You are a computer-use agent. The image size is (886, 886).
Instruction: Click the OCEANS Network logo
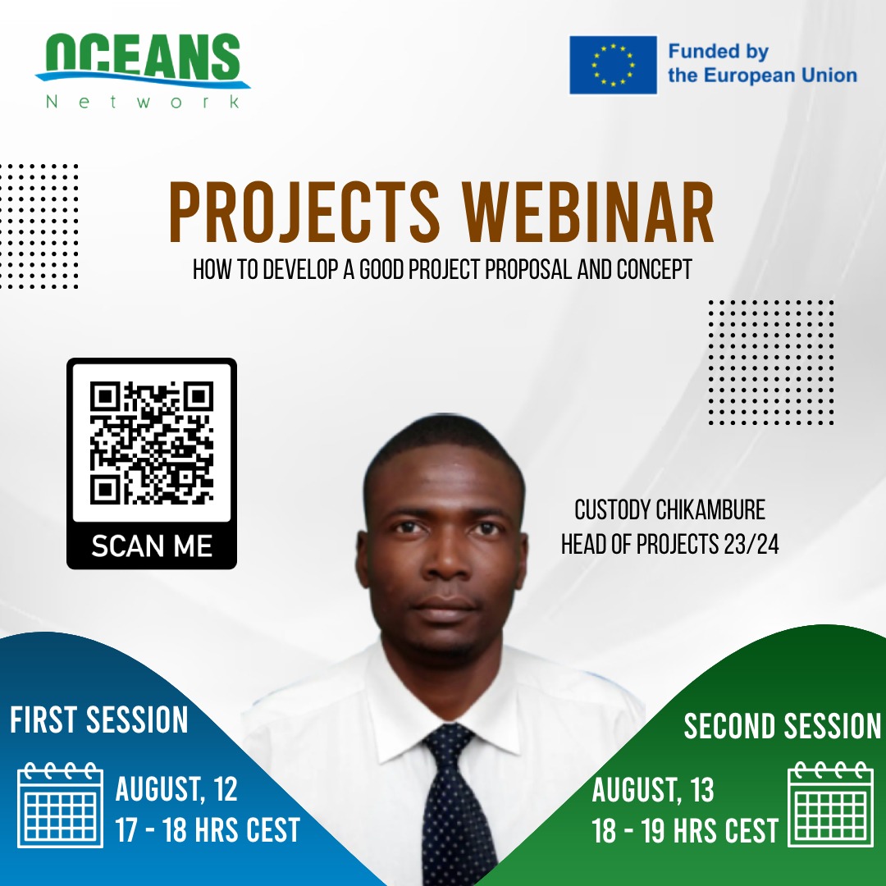[143, 71]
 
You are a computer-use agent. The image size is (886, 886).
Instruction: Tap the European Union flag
[613, 65]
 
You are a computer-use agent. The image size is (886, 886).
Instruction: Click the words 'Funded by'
[718, 52]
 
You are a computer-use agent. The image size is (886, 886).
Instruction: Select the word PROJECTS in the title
[304, 212]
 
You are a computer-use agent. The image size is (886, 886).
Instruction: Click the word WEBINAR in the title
[587, 212]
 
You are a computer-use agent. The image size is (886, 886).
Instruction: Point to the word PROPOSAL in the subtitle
[528, 269]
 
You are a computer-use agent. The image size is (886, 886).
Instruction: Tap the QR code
[152, 442]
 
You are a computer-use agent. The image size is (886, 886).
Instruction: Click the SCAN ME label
[152, 546]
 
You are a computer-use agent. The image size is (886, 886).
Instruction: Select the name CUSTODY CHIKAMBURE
[669, 509]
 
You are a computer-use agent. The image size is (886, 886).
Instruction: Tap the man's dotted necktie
[455, 802]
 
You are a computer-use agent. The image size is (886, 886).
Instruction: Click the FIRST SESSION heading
[99, 719]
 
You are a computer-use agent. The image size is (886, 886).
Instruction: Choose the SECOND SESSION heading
[782, 725]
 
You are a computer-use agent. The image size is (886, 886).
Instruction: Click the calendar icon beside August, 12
[61, 805]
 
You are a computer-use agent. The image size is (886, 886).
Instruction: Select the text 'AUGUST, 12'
[176, 789]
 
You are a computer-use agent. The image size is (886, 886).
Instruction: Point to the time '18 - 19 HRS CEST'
[685, 830]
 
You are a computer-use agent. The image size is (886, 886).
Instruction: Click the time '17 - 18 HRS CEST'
[208, 829]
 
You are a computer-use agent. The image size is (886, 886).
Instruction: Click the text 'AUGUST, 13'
[653, 789]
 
